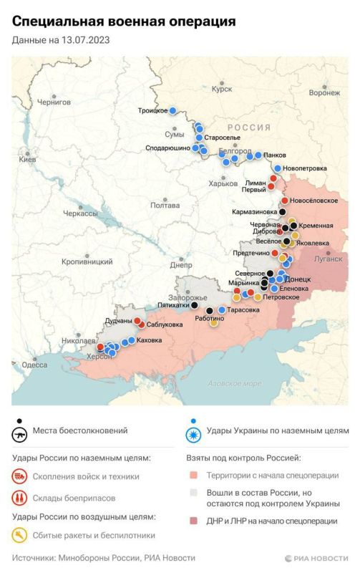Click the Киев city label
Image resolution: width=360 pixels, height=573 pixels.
click(x=26, y=159)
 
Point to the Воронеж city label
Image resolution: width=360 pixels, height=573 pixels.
click(x=324, y=93)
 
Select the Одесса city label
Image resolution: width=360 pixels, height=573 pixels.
click(x=34, y=365)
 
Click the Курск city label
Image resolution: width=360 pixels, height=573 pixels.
click(x=221, y=90)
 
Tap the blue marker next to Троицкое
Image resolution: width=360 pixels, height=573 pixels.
click(x=173, y=110)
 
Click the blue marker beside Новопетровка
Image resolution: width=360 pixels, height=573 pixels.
click(x=278, y=168)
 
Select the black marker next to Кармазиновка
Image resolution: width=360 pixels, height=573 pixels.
click(x=282, y=212)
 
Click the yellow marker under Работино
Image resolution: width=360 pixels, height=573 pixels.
click(x=213, y=323)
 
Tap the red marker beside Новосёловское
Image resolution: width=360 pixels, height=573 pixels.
click(x=284, y=201)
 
